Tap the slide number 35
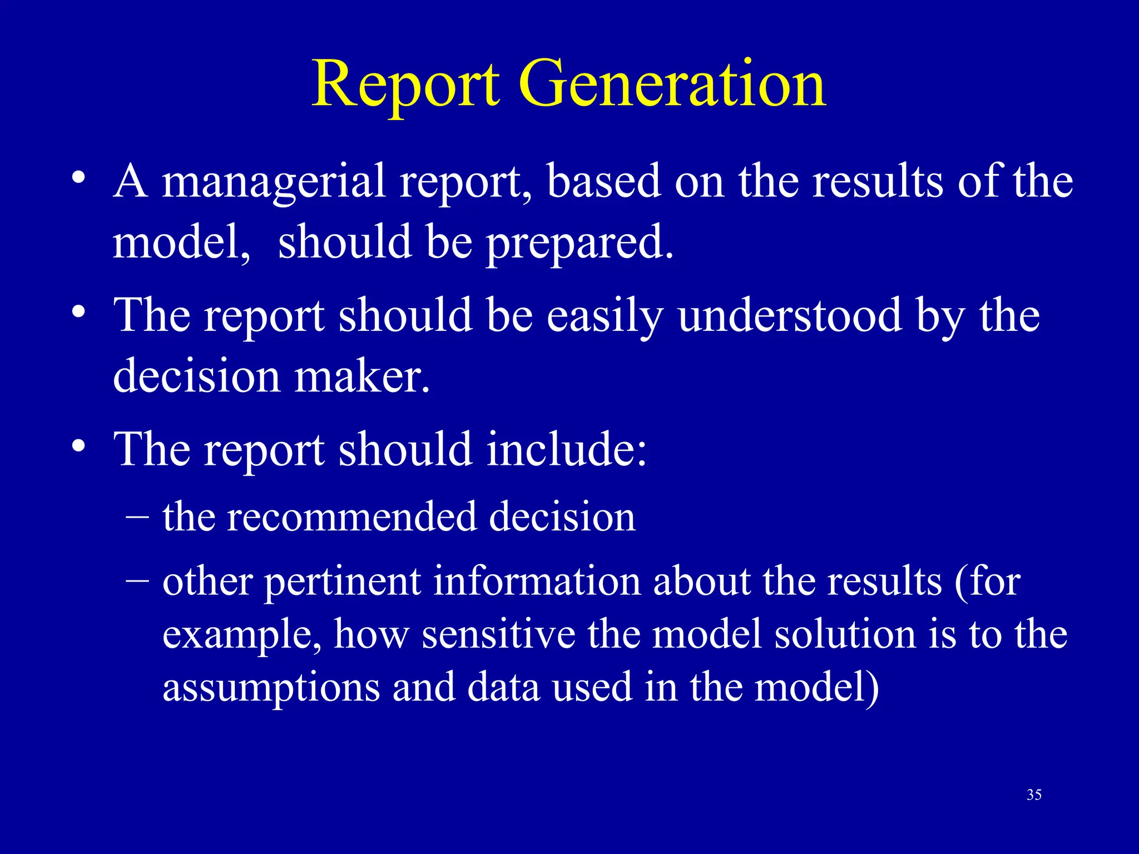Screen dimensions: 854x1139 (x=1034, y=795)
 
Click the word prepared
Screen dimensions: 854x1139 (x=580, y=244)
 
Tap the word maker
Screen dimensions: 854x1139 (x=362, y=376)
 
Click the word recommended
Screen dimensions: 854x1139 (x=352, y=517)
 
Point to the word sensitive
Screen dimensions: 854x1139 (x=498, y=634)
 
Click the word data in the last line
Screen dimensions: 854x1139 (x=503, y=687)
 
